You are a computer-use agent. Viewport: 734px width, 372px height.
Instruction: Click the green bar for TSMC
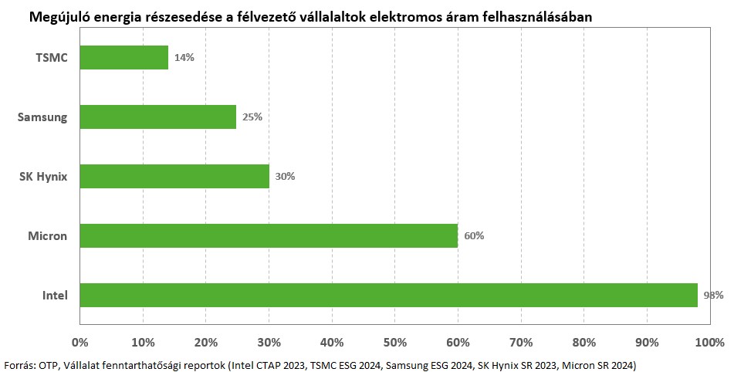[123, 58]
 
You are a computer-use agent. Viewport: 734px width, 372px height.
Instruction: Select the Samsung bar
[157, 117]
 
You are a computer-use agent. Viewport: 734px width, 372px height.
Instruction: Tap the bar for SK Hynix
[174, 176]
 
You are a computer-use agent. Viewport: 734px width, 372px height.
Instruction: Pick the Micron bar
[268, 235]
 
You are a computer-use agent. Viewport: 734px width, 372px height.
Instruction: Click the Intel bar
[388, 295]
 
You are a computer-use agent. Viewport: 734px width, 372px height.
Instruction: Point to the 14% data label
[184, 58]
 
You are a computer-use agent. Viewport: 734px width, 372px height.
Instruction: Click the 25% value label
[252, 117]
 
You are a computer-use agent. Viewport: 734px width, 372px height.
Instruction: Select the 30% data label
[285, 176]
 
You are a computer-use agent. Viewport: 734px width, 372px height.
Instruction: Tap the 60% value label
[474, 235]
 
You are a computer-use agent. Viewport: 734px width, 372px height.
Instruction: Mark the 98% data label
[712, 295]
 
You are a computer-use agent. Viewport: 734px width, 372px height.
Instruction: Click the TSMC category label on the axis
[52, 58]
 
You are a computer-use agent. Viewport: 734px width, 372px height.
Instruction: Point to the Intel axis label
[55, 296]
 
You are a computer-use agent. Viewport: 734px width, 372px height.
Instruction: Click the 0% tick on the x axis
[79, 341]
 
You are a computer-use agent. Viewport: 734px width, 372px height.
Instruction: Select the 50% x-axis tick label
[394, 341]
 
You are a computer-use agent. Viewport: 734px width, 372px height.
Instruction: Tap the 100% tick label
[709, 341]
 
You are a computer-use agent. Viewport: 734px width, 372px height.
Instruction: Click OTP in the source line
[48, 364]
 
